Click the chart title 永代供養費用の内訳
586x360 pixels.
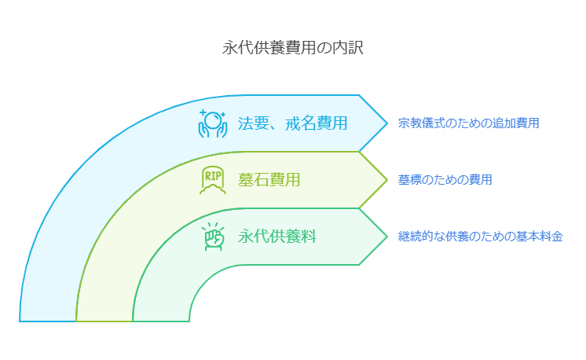(x=292, y=47)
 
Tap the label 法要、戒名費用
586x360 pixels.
(x=292, y=123)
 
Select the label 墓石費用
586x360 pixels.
(x=269, y=180)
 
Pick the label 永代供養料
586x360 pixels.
(x=277, y=236)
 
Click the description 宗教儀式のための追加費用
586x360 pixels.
(x=468, y=123)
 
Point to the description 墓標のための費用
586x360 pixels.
(x=445, y=180)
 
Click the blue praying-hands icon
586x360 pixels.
(x=212, y=123)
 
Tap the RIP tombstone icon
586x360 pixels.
(x=212, y=180)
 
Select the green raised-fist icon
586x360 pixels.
(x=212, y=236)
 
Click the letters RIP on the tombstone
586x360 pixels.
(x=212, y=175)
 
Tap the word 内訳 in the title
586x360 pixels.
(x=349, y=47)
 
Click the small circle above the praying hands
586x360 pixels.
(x=212, y=117)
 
